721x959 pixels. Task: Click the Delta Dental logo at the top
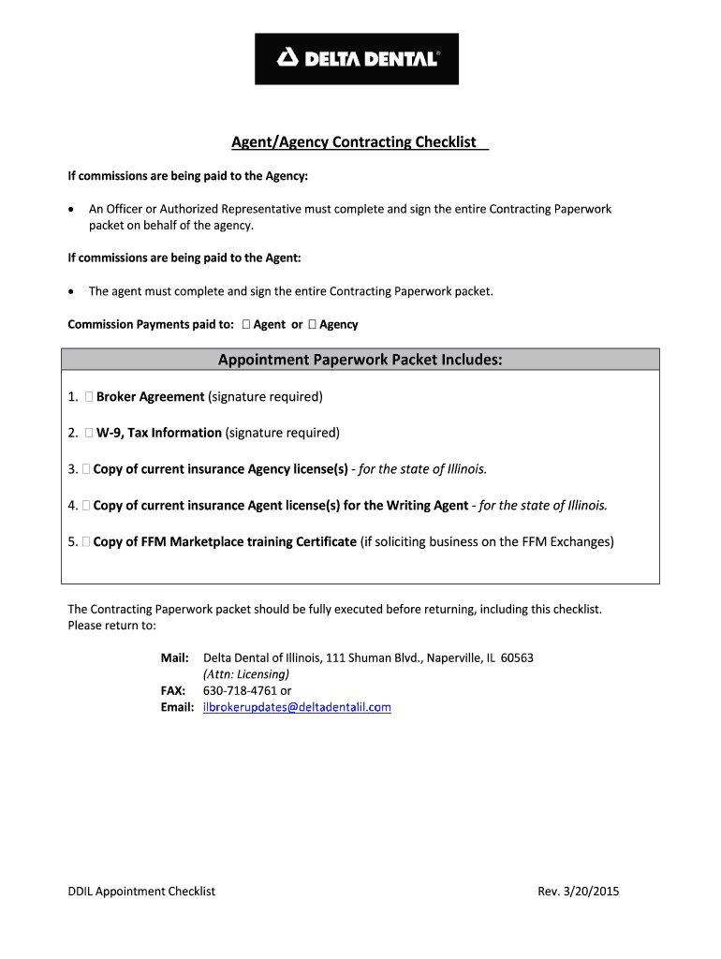tap(357, 59)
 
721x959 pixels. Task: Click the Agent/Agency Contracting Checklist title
tap(355, 142)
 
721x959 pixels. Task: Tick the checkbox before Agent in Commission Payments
tap(245, 325)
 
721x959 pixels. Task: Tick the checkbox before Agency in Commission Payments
tap(312, 325)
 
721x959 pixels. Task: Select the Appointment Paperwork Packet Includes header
tap(360, 360)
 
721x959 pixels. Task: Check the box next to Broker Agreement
tap(88, 397)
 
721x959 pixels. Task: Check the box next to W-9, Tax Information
tap(88, 433)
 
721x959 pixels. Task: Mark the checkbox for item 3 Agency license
tap(86, 469)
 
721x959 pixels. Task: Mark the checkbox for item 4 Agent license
tap(86, 506)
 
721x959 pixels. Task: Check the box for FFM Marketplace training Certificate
tap(86, 542)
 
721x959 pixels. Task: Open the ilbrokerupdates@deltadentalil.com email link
tap(297, 708)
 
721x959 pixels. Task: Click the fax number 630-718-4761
tap(241, 691)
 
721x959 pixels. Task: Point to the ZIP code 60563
tap(517, 658)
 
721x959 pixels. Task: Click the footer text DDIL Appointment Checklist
tap(141, 892)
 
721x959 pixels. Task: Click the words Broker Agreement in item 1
tap(150, 397)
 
